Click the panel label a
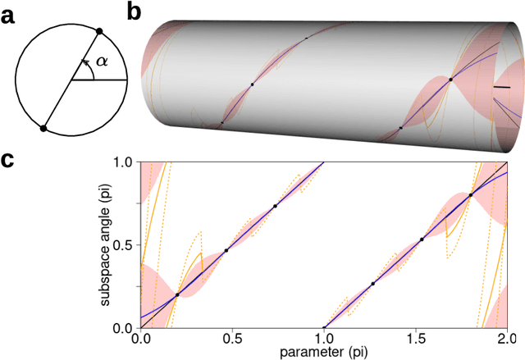pyautogui.click(x=8, y=12)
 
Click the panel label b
pyautogui.click(x=136, y=11)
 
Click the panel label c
pyautogui.click(x=8, y=160)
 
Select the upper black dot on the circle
pyautogui.click(x=99, y=31)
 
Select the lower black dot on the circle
pyautogui.click(x=43, y=128)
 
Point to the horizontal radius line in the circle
pyautogui.click(x=98, y=80)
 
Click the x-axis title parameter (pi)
pyautogui.click(x=324, y=352)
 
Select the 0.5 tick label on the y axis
pyautogui.click(x=123, y=246)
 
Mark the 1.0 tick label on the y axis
pyautogui.click(x=123, y=162)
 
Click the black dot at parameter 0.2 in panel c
pyautogui.click(x=177, y=294)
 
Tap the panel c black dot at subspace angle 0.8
pyautogui.click(x=471, y=194)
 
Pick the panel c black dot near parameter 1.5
pyautogui.click(x=422, y=239)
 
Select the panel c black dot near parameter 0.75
pyautogui.click(x=275, y=206)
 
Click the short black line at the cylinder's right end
pyautogui.click(x=500, y=87)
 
